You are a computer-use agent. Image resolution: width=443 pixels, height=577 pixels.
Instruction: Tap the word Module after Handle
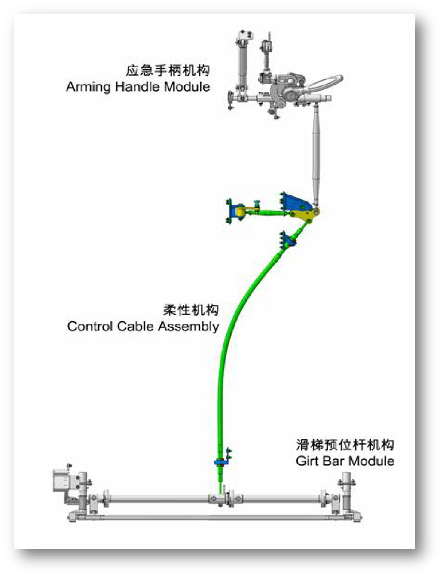coord(187,87)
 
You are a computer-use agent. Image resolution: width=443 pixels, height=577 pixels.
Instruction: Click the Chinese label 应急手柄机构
coord(168,70)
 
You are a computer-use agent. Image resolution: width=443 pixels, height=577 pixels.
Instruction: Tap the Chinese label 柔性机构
coord(191,310)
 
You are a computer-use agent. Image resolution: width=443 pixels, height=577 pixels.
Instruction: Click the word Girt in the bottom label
coord(306,461)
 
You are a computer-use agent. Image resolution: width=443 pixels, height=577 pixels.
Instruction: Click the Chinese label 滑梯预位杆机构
coord(345,445)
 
